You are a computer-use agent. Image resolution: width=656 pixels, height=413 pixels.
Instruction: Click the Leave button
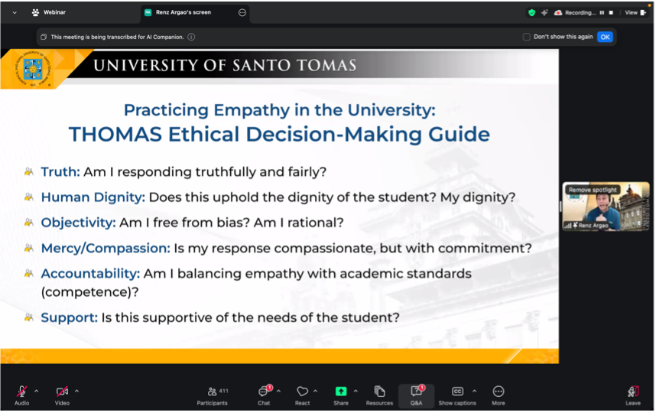click(x=632, y=393)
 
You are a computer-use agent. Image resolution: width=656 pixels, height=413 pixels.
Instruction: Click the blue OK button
click(x=605, y=37)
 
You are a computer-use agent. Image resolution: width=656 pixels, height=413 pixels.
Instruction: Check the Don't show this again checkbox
click(x=527, y=37)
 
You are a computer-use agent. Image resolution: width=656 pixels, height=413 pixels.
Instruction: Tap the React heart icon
click(x=303, y=392)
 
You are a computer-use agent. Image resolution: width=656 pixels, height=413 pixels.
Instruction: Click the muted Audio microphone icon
click(x=21, y=392)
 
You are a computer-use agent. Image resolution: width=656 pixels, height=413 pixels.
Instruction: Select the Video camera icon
click(x=62, y=392)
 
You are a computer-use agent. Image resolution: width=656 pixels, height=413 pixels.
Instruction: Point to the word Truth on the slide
click(x=60, y=172)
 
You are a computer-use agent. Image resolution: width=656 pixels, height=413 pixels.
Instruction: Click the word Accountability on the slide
click(x=90, y=273)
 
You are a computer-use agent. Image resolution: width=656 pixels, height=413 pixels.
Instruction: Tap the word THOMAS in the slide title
click(x=115, y=135)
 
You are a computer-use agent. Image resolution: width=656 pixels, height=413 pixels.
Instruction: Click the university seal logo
click(x=34, y=69)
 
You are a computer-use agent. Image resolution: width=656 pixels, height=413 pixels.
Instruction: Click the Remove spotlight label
click(x=593, y=190)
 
